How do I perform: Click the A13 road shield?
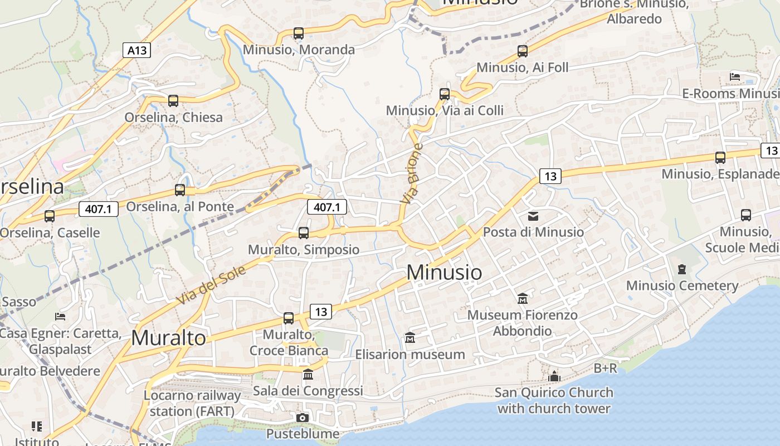point(136,50)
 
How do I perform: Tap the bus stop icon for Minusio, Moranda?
point(299,33)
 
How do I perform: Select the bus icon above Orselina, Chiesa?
point(173,101)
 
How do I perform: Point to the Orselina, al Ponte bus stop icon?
point(180,190)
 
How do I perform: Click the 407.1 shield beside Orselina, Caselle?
point(99,209)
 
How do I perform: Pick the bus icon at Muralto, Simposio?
point(304,233)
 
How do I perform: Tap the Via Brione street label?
point(412,173)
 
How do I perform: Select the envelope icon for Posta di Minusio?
point(533,216)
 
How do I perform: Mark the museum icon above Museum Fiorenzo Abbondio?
point(523,299)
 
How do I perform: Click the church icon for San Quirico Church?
point(554,376)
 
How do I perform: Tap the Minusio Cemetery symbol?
point(682,269)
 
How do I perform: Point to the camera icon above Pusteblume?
point(303,418)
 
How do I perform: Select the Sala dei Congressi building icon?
point(308,374)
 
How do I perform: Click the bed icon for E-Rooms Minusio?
point(735,77)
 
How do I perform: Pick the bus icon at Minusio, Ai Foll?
point(523,51)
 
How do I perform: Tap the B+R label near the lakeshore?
point(605,368)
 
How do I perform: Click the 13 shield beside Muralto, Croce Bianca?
point(320,311)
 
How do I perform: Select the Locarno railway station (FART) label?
point(192,403)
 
